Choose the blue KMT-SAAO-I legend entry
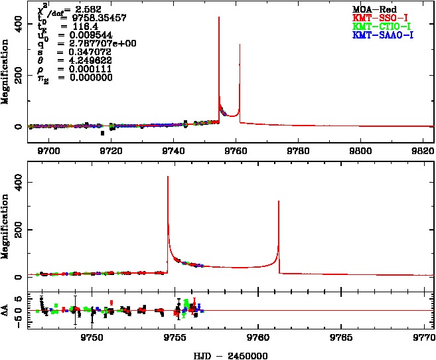click(x=383, y=34)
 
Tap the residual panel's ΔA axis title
click(x=6, y=310)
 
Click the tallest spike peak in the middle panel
click(x=168, y=177)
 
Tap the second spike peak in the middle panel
click(x=279, y=201)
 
